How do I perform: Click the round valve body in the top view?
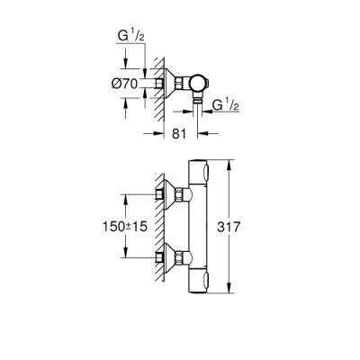(202, 84)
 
